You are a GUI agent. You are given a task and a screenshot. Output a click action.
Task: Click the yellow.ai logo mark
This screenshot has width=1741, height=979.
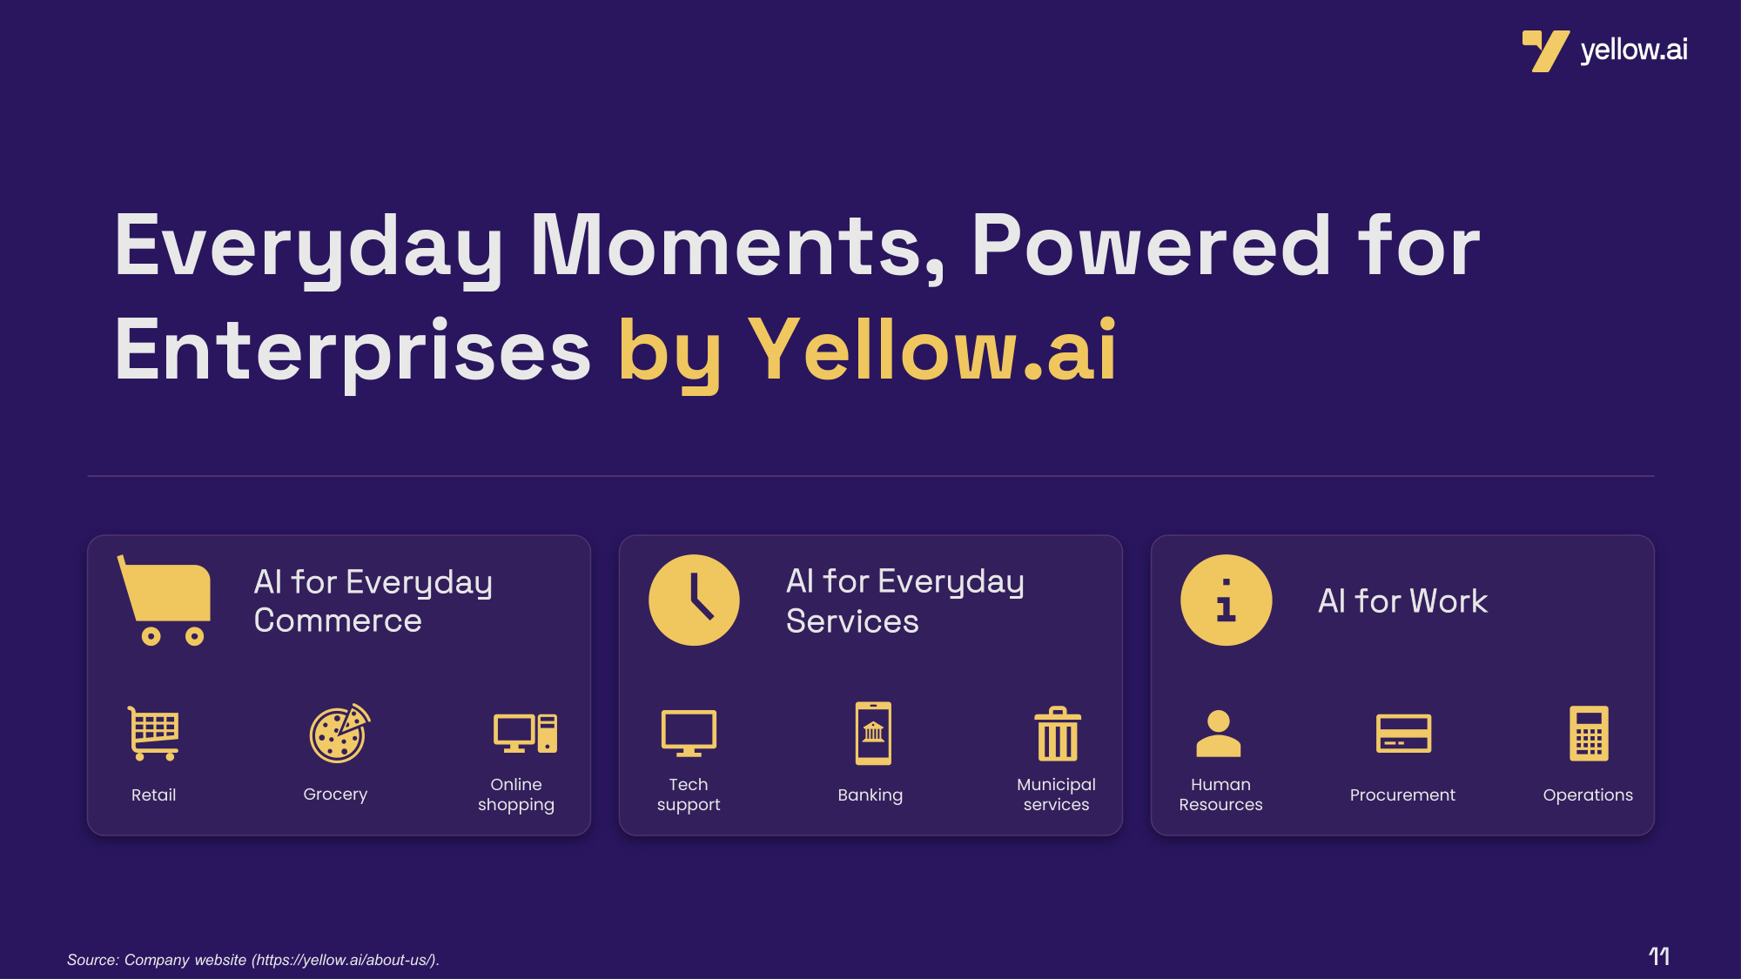point(1545,50)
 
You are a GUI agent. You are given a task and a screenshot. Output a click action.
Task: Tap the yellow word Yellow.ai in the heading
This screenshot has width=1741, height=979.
point(932,350)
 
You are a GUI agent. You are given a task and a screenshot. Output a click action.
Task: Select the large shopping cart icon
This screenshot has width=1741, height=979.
point(165,600)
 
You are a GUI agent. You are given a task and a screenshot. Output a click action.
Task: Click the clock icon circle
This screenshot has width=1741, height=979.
point(694,600)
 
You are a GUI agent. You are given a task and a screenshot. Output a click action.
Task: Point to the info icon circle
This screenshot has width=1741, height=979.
point(1226,600)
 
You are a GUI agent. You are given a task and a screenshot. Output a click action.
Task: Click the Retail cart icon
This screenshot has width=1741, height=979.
point(153,733)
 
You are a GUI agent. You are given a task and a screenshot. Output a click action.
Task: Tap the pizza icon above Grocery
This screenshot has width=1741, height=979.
point(339,734)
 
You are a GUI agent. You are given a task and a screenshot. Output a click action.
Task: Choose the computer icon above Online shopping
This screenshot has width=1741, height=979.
point(525,733)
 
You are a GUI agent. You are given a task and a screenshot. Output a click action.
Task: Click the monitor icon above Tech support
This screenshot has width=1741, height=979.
point(689,733)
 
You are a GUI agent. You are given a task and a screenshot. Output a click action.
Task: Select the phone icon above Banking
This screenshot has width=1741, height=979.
point(873,733)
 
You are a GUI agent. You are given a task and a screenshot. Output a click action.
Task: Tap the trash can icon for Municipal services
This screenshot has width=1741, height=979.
point(1058,734)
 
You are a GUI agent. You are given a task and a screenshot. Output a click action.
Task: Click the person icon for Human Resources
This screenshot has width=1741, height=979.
point(1219,734)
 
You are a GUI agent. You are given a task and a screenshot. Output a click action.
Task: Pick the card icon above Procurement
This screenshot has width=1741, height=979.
point(1403,734)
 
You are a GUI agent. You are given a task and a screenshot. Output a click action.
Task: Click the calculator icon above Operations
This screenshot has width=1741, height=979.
point(1589,733)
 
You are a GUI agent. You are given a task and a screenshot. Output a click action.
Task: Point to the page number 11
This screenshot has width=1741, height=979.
point(1659,956)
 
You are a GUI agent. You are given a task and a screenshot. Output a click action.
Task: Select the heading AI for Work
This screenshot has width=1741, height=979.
point(1402,601)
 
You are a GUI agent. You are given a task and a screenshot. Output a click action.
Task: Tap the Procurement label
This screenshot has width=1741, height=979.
point(1402,795)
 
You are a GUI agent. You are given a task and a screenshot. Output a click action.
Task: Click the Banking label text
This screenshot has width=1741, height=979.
point(870,795)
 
